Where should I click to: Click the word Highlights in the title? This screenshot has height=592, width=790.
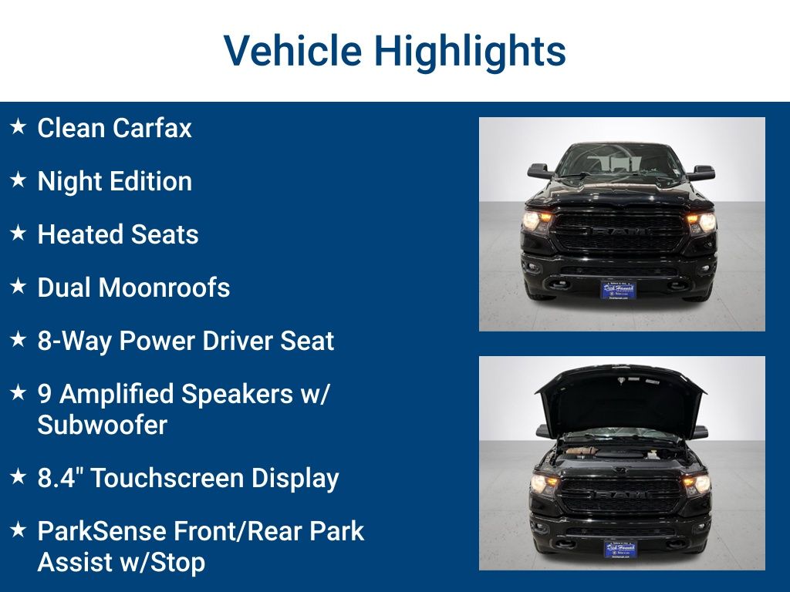[x=470, y=51]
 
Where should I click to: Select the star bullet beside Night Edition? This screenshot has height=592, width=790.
[x=19, y=180]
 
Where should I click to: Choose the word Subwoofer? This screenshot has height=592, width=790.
[x=102, y=425]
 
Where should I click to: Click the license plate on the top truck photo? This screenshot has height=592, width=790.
[x=618, y=290]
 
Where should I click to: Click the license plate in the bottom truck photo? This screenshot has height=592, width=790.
[x=620, y=549]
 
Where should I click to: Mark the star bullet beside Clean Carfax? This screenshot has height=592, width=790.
[x=19, y=126]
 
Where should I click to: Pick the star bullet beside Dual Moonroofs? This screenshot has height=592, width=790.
[x=19, y=286]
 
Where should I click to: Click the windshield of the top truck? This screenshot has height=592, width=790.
[x=620, y=161]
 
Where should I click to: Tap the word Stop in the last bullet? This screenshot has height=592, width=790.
[x=180, y=562]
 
